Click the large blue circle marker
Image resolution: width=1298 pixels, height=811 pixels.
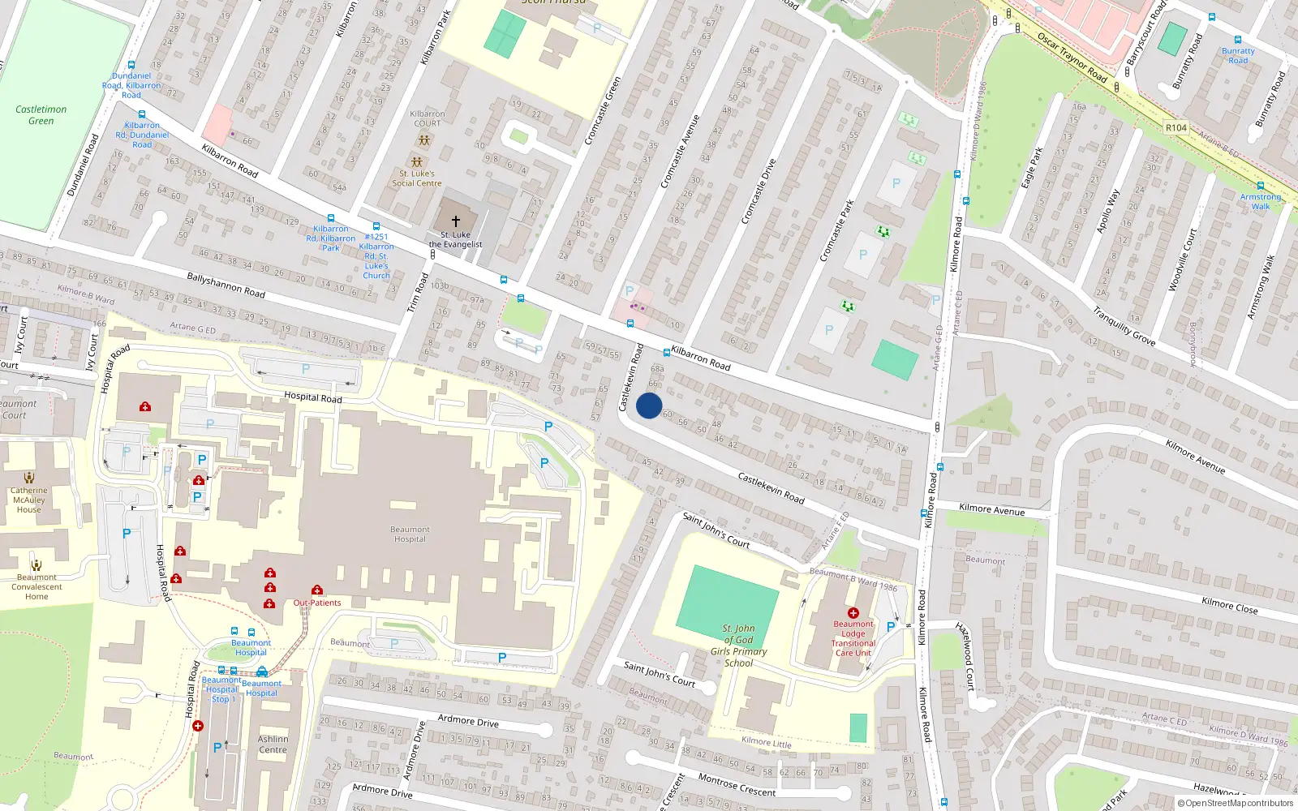click(649, 405)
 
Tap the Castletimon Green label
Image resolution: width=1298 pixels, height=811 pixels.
click(41, 115)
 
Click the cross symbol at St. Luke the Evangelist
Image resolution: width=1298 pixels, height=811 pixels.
click(456, 221)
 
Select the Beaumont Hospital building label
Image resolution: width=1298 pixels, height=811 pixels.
click(410, 534)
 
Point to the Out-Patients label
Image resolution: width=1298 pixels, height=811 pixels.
click(317, 603)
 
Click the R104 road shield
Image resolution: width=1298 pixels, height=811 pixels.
click(1176, 127)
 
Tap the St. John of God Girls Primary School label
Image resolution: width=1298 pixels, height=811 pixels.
click(738, 646)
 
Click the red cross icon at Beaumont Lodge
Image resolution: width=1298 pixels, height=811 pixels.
click(853, 613)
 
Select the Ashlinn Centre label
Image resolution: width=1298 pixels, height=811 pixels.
click(273, 744)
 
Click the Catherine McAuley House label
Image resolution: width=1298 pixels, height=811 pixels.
click(29, 500)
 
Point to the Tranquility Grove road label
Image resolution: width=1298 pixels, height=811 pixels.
click(1124, 325)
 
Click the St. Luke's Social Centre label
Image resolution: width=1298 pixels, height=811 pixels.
click(417, 178)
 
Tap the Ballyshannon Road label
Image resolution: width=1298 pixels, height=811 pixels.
click(226, 285)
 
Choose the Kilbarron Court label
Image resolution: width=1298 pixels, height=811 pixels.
click(428, 118)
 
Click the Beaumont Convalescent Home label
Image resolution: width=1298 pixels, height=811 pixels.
click(37, 586)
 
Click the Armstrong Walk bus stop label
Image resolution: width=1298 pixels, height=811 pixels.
click(1261, 201)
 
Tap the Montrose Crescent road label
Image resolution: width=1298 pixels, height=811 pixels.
click(737, 785)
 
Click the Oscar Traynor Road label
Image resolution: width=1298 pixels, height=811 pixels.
click(1072, 58)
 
